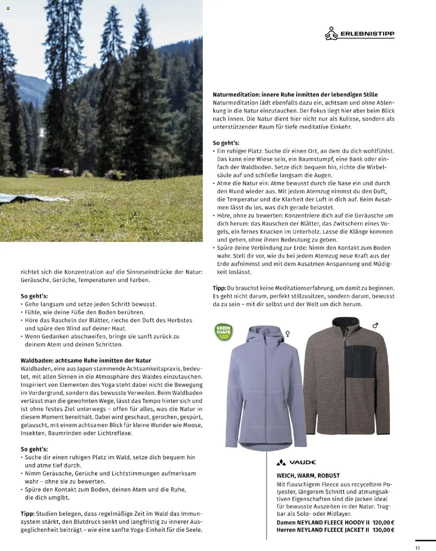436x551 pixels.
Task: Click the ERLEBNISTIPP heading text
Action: (367, 34)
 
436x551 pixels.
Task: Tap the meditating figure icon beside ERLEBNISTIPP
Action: (331, 34)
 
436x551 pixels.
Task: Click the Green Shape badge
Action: (224, 332)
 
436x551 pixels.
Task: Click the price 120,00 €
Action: (383, 522)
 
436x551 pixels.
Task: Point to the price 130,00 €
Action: (383, 530)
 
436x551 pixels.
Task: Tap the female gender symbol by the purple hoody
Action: (288, 334)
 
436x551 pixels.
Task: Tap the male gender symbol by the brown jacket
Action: (375, 326)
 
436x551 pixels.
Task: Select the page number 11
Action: (418, 548)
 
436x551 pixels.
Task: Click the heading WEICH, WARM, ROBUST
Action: (308, 475)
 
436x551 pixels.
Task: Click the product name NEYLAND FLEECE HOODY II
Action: (333, 522)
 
